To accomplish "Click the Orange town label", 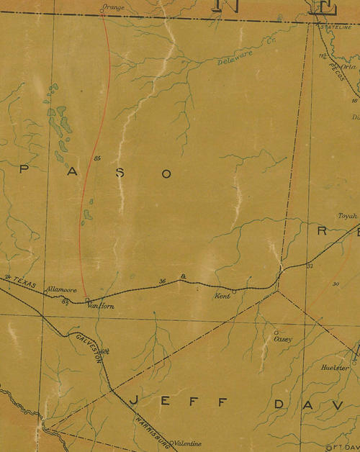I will (114, 6).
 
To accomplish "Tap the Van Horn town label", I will (101, 305).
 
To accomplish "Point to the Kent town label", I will (224, 296).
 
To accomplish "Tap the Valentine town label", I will (188, 444).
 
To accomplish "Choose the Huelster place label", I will (335, 367).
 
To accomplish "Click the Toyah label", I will (347, 215).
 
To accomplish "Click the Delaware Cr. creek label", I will (237, 55).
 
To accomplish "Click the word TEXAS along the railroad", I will (24, 282).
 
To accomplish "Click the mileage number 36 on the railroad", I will (163, 280).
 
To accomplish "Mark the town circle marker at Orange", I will (102, 11).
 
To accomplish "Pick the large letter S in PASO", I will (120, 173).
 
